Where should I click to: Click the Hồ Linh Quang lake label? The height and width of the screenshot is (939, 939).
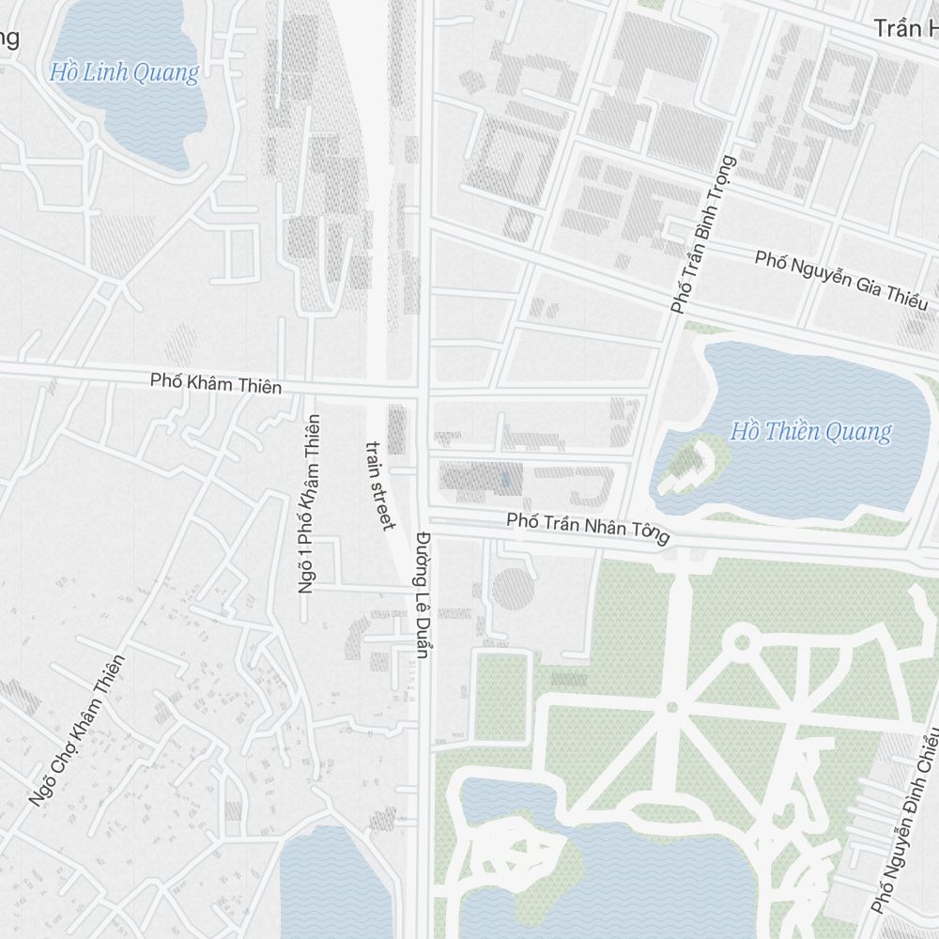pyautogui.click(x=125, y=72)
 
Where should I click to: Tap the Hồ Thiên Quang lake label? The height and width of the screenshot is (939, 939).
pyautogui.click(x=810, y=432)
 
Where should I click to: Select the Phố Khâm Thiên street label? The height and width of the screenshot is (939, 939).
pyautogui.click(x=215, y=383)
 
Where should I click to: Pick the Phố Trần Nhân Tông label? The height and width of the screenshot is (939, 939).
pyautogui.click(x=588, y=528)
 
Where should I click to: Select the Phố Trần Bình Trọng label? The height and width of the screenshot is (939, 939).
pyautogui.click(x=703, y=235)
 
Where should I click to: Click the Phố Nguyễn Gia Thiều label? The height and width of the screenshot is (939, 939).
pyautogui.click(x=841, y=279)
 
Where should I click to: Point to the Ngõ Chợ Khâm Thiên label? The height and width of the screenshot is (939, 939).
pyautogui.click(x=76, y=731)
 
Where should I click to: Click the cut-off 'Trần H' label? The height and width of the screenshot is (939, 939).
pyautogui.click(x=905, y=28)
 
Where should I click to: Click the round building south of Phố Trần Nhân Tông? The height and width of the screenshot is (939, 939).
pyautogui.click(x=513, y=589)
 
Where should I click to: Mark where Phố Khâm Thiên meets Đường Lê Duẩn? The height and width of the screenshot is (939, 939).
pyautogui.click(x=423, y=388)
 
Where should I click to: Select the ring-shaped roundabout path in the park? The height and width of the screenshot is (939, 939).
pyautogui.click(x=741, y=642)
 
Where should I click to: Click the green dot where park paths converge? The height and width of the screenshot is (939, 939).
pyautogui.click(x=671, y=707)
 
